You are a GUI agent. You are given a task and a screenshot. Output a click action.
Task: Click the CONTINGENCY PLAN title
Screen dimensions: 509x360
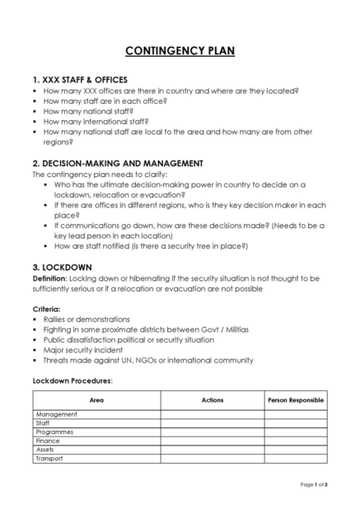[180, 51]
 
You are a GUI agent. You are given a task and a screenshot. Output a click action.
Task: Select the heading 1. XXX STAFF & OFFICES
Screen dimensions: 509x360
[80, 79]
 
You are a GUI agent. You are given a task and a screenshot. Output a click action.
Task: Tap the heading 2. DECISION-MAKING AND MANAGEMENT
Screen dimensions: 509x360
[118, 163]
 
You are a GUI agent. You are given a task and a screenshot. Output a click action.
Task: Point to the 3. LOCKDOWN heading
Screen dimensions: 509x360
[62, 267]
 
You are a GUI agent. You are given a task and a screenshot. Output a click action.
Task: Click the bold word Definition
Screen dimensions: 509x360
[50, 278]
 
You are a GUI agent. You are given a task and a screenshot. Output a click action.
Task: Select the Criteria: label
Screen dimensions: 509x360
[47, 308]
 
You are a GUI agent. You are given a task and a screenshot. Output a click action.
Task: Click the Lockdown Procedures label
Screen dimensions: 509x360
[72, 381]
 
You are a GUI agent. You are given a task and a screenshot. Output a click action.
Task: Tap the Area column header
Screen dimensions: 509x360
[96, 400]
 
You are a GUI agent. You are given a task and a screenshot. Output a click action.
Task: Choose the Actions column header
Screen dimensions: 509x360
[212, 400]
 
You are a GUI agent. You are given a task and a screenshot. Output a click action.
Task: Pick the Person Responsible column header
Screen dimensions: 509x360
[296, 400]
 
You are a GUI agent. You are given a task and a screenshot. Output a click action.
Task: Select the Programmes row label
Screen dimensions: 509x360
[54, 432]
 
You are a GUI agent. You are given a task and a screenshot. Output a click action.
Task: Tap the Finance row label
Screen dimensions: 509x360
[48, 441]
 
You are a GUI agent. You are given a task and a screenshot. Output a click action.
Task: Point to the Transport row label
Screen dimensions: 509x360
[49, 459]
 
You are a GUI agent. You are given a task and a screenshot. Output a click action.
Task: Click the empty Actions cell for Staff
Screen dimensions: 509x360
[212, 423]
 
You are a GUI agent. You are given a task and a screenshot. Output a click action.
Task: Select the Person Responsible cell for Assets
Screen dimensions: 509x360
[296, 450]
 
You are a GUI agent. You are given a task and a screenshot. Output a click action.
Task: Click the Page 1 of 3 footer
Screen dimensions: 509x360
[314, 484]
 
